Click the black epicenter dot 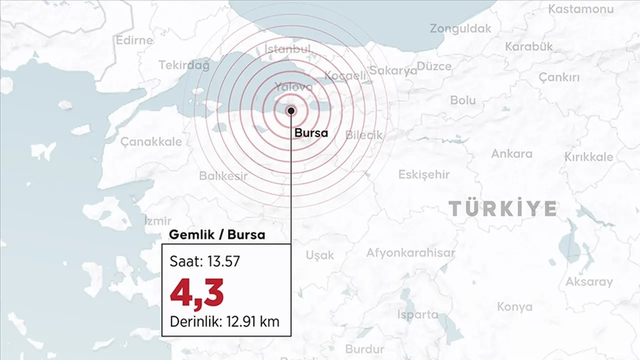(291, 110)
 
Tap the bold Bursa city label (311, 133)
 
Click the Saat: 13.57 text (204, 261)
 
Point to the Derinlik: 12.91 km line (224, 321)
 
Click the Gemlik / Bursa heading (217, 234)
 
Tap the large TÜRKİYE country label (502, 208)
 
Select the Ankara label (511, 153)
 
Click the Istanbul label (287, 49)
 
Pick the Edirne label (134, 40)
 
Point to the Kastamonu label (580, 9)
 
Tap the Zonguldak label (460, 28)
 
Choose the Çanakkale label (151, 141)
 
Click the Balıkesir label (223, 176)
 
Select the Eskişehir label (423, 174)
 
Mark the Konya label (514, 306)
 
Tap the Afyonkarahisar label (410, 252)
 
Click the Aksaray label (589, 281)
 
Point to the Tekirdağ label (184, 65)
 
